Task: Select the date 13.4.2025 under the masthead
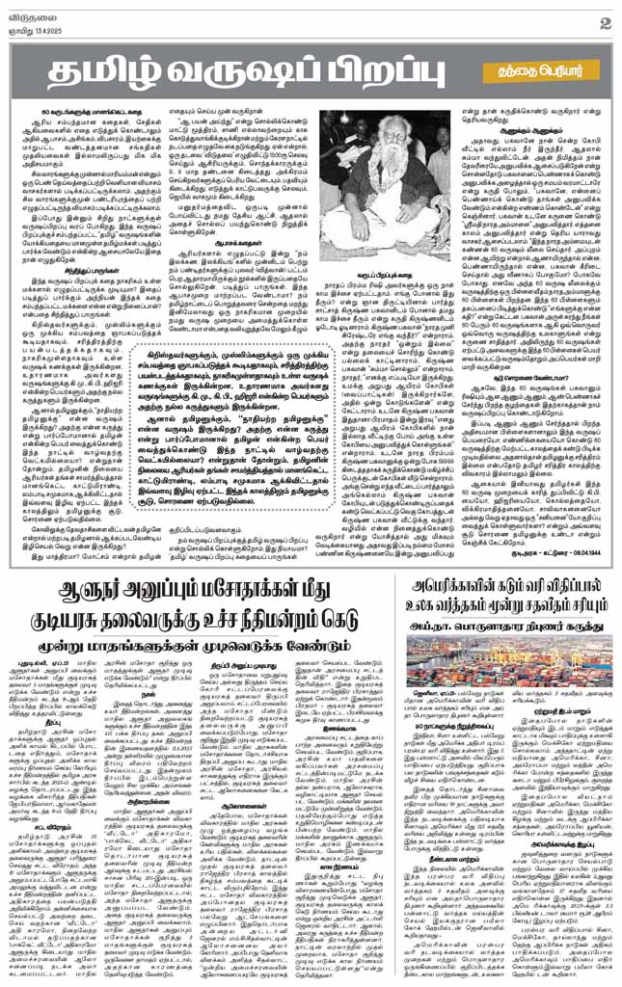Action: (43, 27)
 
